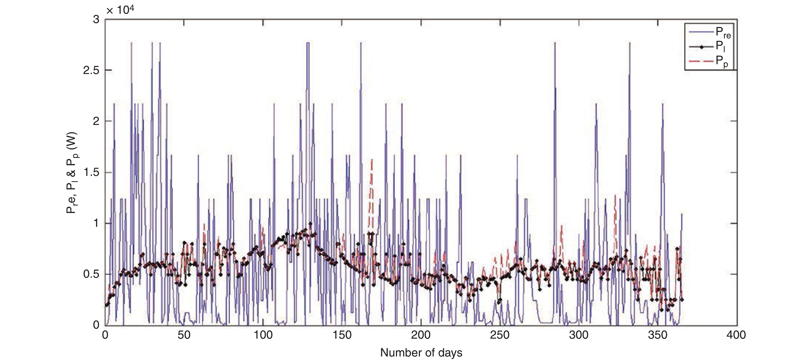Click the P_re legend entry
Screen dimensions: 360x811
pyautogui.click(x=708, y=32)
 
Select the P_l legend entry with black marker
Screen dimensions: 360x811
pyautogui.click(x=708, y=47)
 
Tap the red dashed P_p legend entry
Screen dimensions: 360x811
pyautogui.click(x=708, y=61)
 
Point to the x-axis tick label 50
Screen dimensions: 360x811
pyautogui.click(x=184, y=335)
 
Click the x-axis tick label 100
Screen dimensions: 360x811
pyautogui.click(x=263, y=335)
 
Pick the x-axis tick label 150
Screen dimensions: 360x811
pyautogui.click(x=342, y=335)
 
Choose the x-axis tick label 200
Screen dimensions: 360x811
pyautogui.click(x=421, y=335)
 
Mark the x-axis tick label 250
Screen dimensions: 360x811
pyautogui.click(x=500, y=335)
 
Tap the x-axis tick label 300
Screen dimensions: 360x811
pyautogui.click(x=579, y=335)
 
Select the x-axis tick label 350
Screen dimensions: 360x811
pyautogui.click(x=658, y=335)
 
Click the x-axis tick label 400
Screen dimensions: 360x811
pyautogui.click(x=736, y=335)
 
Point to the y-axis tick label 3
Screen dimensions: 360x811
pyautogui.click(x=96, y=20)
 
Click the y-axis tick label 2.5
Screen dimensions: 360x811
pyautogui.click(x=91, y=71)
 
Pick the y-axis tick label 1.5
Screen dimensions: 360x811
pyautogui.click(x=91, y=173)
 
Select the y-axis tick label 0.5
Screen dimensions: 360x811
pyautogui.click(x=91, y=274)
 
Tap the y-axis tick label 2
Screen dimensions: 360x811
pyautogui.click(x=96, y=122)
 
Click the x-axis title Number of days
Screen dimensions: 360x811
pyautogui.click(x=421, y=353)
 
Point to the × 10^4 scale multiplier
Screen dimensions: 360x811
pyautogui.click(x=120, y=10)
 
